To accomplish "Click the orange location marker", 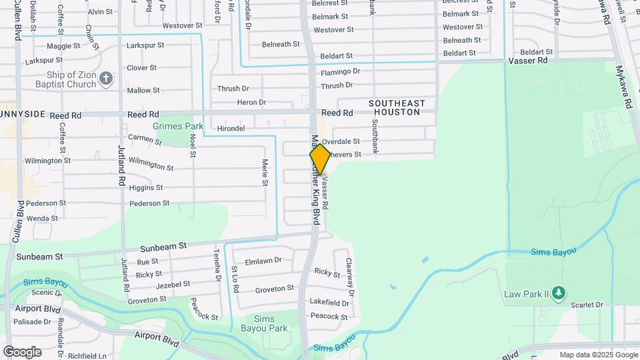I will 320,159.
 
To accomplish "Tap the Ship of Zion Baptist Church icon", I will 105,80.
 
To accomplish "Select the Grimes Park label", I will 178,126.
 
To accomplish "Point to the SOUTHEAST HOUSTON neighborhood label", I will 397,107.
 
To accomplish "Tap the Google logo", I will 22,352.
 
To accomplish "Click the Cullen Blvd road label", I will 20,221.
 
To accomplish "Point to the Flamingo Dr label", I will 340,71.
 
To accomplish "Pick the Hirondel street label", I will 231,128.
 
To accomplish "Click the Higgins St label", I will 146,187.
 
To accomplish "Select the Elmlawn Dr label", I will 263,261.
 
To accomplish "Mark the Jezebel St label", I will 172,284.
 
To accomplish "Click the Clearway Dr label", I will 348,274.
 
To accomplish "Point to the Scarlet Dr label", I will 587,305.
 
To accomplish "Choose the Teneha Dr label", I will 217,263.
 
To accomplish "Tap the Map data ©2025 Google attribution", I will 598,355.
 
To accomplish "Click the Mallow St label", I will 143,91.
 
